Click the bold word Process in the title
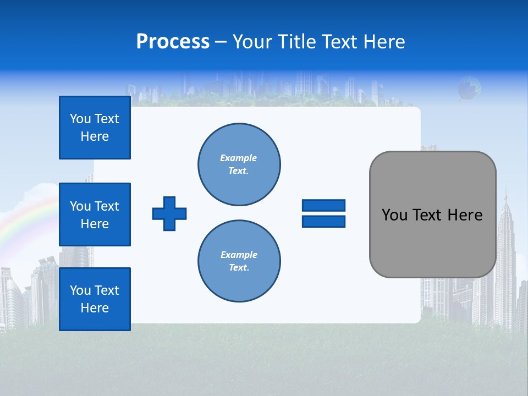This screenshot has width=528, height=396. pyautogui.click(x=173, y=42)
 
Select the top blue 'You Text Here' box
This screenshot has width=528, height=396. pyautogui.click(x=95, y=128)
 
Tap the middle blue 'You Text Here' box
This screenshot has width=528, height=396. pyautogui.click(x=95, y=215)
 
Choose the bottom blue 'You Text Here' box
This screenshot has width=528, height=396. pyautogui.click(x=95, y=299)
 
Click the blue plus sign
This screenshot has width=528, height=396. pyautogui.click(x=169, y=213)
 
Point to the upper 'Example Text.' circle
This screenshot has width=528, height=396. pyautogui.click(x=239, y=164)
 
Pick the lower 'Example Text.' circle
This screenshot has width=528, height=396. pyautogui.click(x=239, y=261)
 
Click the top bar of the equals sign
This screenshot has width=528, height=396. pyautogui.click(x=323, y=205)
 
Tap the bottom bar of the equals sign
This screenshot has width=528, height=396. pyautogui.click(x=323, y=221)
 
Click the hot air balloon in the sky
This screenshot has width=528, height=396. pyautogui.click(x=469, y=87)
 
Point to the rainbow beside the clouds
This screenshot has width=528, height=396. pyautogui.click(x=22, y=220)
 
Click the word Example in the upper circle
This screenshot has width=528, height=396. pyautogui.click(x=239, y=158)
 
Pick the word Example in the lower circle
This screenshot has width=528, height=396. pyautogui.click(x=239, y=255)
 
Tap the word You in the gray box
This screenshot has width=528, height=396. pyautogui.click(x=394, y=215)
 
